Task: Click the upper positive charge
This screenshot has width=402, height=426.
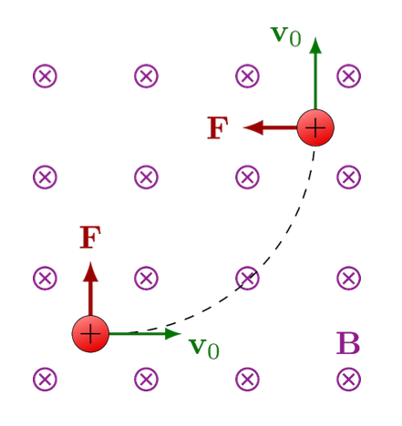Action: click(315, 127)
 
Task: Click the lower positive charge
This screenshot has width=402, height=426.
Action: click(90, 334)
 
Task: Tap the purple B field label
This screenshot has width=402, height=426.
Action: click(348, 344)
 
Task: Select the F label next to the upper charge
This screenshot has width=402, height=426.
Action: click(217, 128)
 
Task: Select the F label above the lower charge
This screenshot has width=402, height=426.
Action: click(89, 238)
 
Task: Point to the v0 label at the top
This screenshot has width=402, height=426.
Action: click(286, 35)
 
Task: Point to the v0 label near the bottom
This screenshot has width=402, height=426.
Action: click(203, 347)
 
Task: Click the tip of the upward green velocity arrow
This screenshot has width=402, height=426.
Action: click(315, 40)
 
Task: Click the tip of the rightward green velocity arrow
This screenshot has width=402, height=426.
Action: click(179, 334)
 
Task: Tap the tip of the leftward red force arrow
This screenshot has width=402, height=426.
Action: click(245, 127)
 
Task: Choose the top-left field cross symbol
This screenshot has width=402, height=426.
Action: click(45, 76)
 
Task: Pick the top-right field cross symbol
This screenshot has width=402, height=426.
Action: click(348, 76)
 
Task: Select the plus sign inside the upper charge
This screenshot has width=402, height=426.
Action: click(315, 127)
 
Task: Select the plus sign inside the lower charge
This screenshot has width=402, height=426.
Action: click(90, 334)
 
